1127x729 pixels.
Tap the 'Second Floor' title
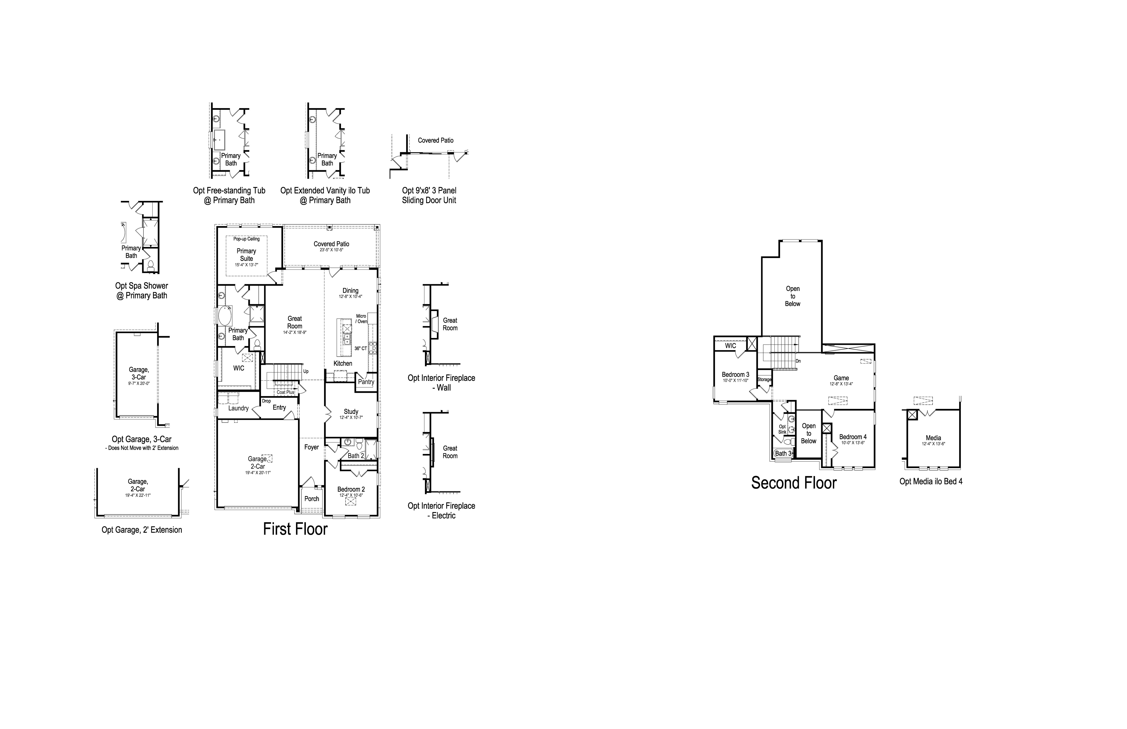point(794,483)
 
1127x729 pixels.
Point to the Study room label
point(351,411)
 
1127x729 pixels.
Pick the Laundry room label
point(238,408)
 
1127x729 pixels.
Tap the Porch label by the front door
point(311,498)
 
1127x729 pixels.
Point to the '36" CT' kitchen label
point(361,348)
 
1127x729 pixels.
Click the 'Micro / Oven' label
point(361,319)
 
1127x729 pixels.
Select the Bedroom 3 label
point(735,374)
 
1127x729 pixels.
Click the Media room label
point(933,438)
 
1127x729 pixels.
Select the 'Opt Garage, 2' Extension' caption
point(142,530)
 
